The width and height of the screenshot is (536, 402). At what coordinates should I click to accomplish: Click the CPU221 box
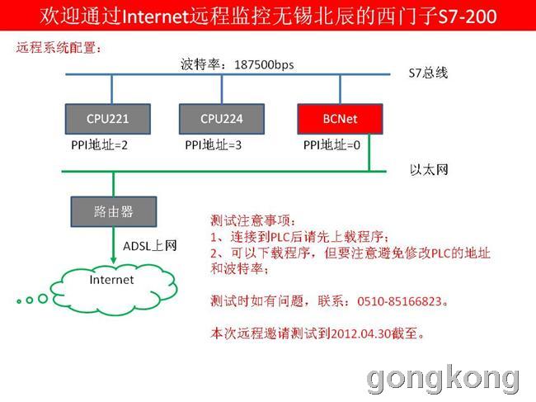108,119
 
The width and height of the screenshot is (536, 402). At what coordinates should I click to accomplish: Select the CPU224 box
222,119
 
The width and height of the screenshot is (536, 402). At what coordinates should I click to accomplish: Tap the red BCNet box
340,119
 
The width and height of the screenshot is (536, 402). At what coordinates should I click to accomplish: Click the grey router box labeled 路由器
114,211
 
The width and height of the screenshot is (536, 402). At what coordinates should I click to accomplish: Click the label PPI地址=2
99,145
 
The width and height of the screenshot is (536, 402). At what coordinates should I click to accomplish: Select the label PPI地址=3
213,145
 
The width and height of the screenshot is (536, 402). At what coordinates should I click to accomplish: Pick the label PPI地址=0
331,145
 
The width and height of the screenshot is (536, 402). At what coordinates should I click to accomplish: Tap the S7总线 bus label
428,73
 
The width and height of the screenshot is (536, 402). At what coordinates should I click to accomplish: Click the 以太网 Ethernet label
429,170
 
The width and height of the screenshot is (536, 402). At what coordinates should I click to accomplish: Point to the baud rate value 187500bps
264,64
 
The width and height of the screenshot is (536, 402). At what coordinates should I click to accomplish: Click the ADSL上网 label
150,246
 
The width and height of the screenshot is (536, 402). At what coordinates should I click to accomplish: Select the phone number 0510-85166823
400,301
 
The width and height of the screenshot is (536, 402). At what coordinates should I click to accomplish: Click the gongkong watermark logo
443,380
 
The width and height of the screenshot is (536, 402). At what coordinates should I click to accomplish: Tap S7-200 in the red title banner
468,17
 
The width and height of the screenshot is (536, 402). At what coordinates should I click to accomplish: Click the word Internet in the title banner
155,17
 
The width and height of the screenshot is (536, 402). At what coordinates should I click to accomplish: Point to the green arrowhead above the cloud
114,260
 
